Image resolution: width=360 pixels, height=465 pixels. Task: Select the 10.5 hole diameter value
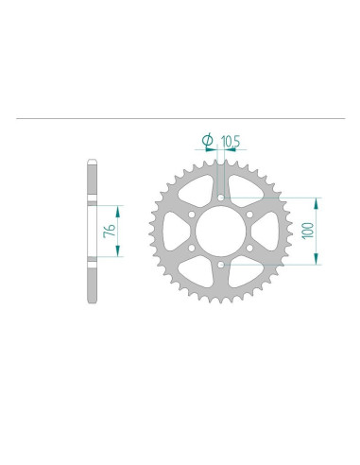tap(230, 143)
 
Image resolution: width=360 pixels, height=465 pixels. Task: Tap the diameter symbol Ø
tap(207, 143)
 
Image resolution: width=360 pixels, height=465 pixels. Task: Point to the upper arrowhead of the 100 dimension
tap(317, 201)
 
